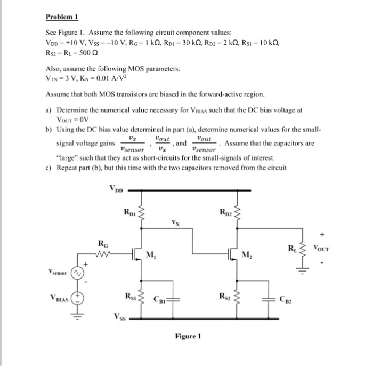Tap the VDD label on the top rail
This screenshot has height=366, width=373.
coord(116,188)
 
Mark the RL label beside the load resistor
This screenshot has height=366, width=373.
coord(292,247)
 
